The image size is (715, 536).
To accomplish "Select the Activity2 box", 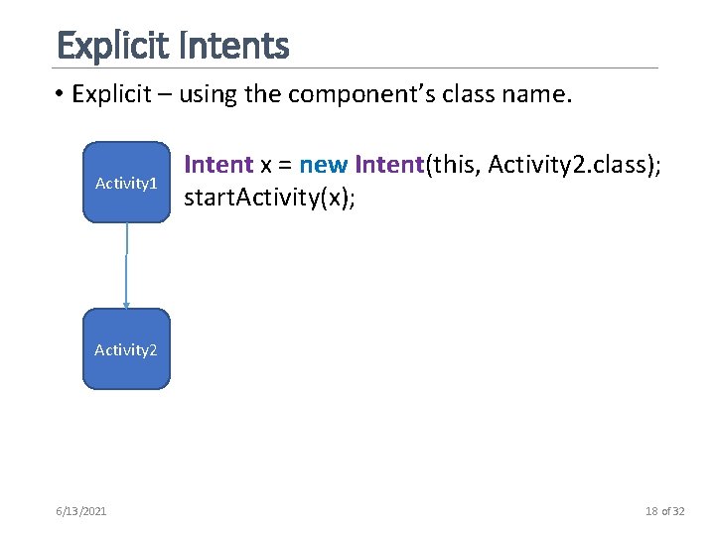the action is [x=126, y=348].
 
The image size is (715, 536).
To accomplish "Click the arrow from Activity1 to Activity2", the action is [x=126, y=265].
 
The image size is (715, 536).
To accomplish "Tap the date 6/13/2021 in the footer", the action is [x=82, y=511].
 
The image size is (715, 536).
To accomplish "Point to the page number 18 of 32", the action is [x=664, y=511].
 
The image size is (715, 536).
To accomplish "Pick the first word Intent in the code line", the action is [x=218, y=163].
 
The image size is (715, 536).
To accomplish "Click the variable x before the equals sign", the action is [x=266, y=163].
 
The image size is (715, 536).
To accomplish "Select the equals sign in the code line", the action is [x=286, y=163].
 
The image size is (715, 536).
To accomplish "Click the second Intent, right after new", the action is [x=388, y=163].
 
